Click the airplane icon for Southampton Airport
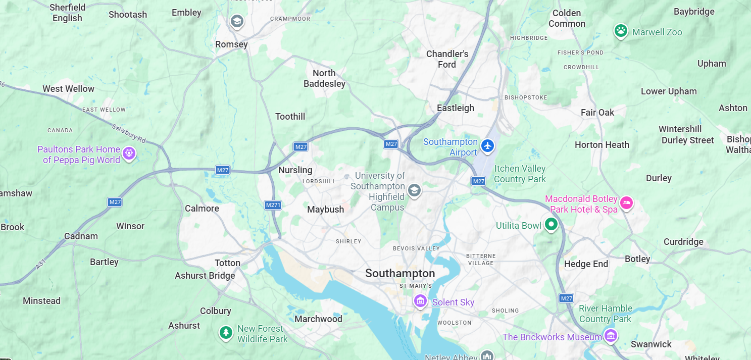click(x=487, y=146)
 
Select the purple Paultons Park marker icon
click(x=129, y=152)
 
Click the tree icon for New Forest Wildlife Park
click(x=226, y=332)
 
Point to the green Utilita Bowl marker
click(x=551, y=224)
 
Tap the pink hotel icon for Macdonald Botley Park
click(x=626, y=203)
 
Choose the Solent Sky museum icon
click(x=420, y=301)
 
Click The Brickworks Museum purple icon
click(x=611, y=335)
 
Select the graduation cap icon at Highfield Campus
click(x=414, y=190)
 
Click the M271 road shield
click(x=273, y=205)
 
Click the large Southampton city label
click(x=400, y=273)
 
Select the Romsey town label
click(x=231, y=44)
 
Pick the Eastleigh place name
click(x=456, y=108)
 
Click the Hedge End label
click(x=586, y=264)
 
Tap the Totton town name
click(x=227, y=263)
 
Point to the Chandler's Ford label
click(x=447, y=59)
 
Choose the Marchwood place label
click(x=318, y=319)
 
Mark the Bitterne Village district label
click(x=481, y=260)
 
